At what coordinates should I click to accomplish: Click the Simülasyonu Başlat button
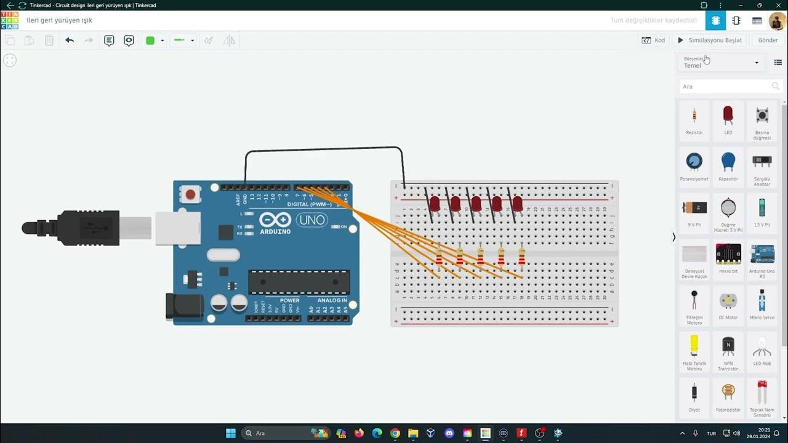click(710, 40)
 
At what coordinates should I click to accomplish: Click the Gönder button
click(768, 40)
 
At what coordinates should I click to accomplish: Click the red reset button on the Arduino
click(190, 195)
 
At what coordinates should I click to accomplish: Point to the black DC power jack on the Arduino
click(183, 306)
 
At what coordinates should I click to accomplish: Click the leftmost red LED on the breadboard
click(435, 203)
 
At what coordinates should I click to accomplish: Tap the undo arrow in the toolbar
click(70, 41)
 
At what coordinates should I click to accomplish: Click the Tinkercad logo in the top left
click(10, 20)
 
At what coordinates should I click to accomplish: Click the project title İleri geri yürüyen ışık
click(60, 20)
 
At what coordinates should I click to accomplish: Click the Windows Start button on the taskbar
click(231, 433)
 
